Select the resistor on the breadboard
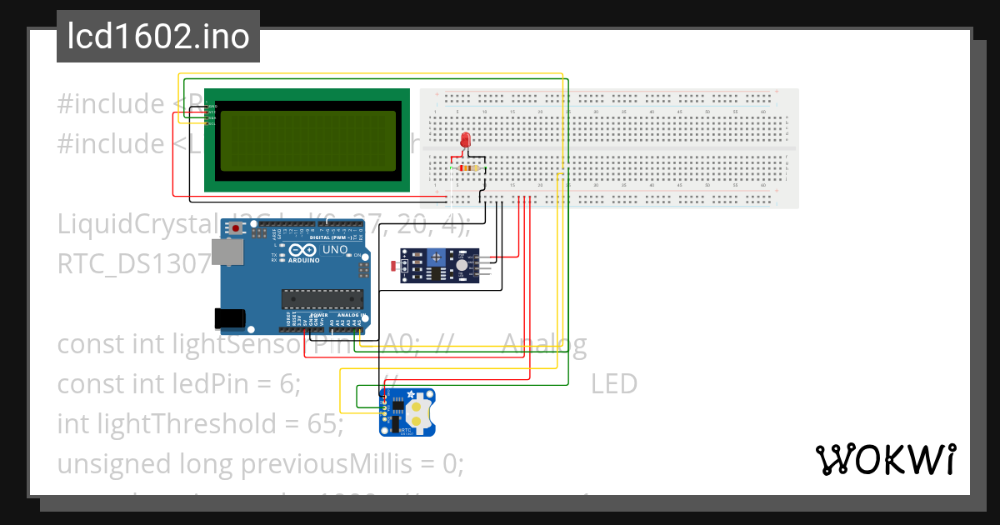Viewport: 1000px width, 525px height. click(469, 167)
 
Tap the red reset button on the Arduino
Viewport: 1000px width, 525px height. click(237, 227)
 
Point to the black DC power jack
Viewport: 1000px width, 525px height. click(228, 317)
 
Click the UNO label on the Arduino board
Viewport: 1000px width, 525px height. click(335, 249)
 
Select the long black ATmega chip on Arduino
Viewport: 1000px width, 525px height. click(322, 297)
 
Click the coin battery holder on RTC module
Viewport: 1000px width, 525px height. click(422, 411)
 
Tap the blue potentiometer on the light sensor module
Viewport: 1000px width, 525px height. click(436, 260)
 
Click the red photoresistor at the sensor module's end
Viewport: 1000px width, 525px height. click(393, 267)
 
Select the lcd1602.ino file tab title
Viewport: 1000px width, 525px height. click(158, 37)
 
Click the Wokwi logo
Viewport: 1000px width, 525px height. click(885, 459)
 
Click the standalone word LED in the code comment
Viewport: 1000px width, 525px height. click(614, 384)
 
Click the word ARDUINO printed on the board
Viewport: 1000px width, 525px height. click(305, 260)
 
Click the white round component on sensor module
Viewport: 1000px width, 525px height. click(461, 265)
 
